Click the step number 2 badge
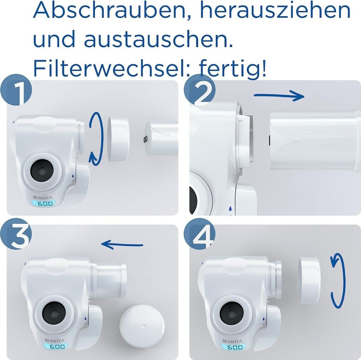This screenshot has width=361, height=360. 200,90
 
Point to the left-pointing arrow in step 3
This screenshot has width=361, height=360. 122,245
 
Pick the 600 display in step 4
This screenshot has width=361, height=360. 233,347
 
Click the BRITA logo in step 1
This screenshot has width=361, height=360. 43,197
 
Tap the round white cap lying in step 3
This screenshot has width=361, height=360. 142,325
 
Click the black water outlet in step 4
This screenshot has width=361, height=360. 232,313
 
